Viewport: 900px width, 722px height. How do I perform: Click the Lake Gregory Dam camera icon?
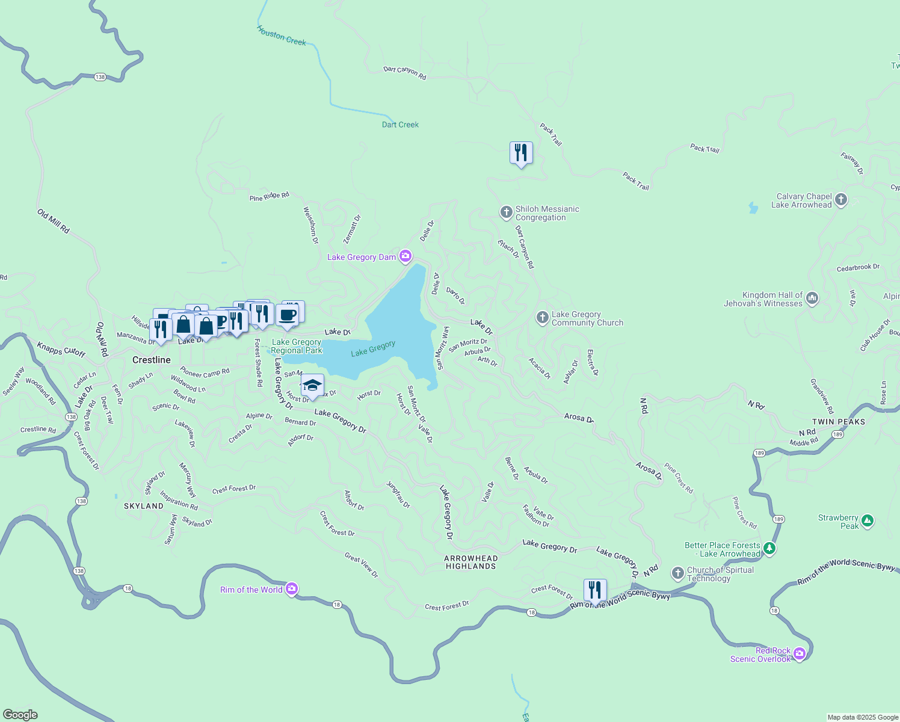point(405,257)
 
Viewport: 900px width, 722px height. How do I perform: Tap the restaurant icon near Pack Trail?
point(521,153)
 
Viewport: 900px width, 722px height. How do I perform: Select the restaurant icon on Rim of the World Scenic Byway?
point(595,590)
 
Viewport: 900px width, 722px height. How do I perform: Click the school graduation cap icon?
point(312,385)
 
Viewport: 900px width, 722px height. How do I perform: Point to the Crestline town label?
point(152,360)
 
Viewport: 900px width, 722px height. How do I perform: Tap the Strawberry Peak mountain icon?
point(867,521)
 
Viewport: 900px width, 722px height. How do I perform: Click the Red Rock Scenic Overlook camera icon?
point(800,654)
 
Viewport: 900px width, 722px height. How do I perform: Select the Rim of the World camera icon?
point(292,589)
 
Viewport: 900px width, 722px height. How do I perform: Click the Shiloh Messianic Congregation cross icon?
point(506,212)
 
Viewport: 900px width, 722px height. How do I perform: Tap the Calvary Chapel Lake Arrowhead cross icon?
point(841,200)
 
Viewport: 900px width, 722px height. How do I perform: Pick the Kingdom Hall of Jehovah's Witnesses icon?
point(812,298)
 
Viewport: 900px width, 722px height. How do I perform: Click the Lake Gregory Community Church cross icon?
point(542,318)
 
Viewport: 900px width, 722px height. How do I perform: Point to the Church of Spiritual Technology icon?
point(677,573)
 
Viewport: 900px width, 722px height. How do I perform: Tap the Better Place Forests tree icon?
point(769,549)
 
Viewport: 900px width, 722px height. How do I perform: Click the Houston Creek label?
point(282,35)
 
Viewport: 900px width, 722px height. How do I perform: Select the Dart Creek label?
point(400,125)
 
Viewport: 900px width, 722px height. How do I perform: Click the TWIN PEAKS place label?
point(839,422)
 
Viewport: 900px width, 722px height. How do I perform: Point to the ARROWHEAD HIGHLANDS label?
point(470,562)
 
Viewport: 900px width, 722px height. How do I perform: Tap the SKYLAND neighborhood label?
point(144,506)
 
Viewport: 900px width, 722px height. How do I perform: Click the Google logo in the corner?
point(20,714)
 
